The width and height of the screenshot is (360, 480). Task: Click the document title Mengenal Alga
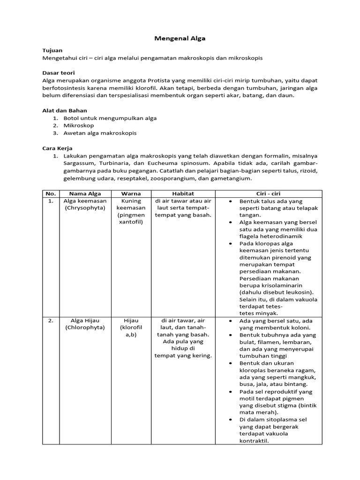(180, 38)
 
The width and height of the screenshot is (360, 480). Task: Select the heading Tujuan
(52, 50)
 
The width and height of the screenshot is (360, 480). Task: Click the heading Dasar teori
(59, 73)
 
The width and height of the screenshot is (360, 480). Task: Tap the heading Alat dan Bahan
(65, 110)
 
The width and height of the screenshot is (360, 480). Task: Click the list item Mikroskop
(79, 125)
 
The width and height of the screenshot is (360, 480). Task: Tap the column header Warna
(131, 193)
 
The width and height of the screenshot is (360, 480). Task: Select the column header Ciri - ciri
(268, 193)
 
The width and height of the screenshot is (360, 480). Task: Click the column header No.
(50, 193)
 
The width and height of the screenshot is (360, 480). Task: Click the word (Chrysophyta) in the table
(85, 208)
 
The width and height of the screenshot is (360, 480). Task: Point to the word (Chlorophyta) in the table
(85, 327)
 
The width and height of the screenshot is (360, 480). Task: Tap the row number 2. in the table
(50, 321)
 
